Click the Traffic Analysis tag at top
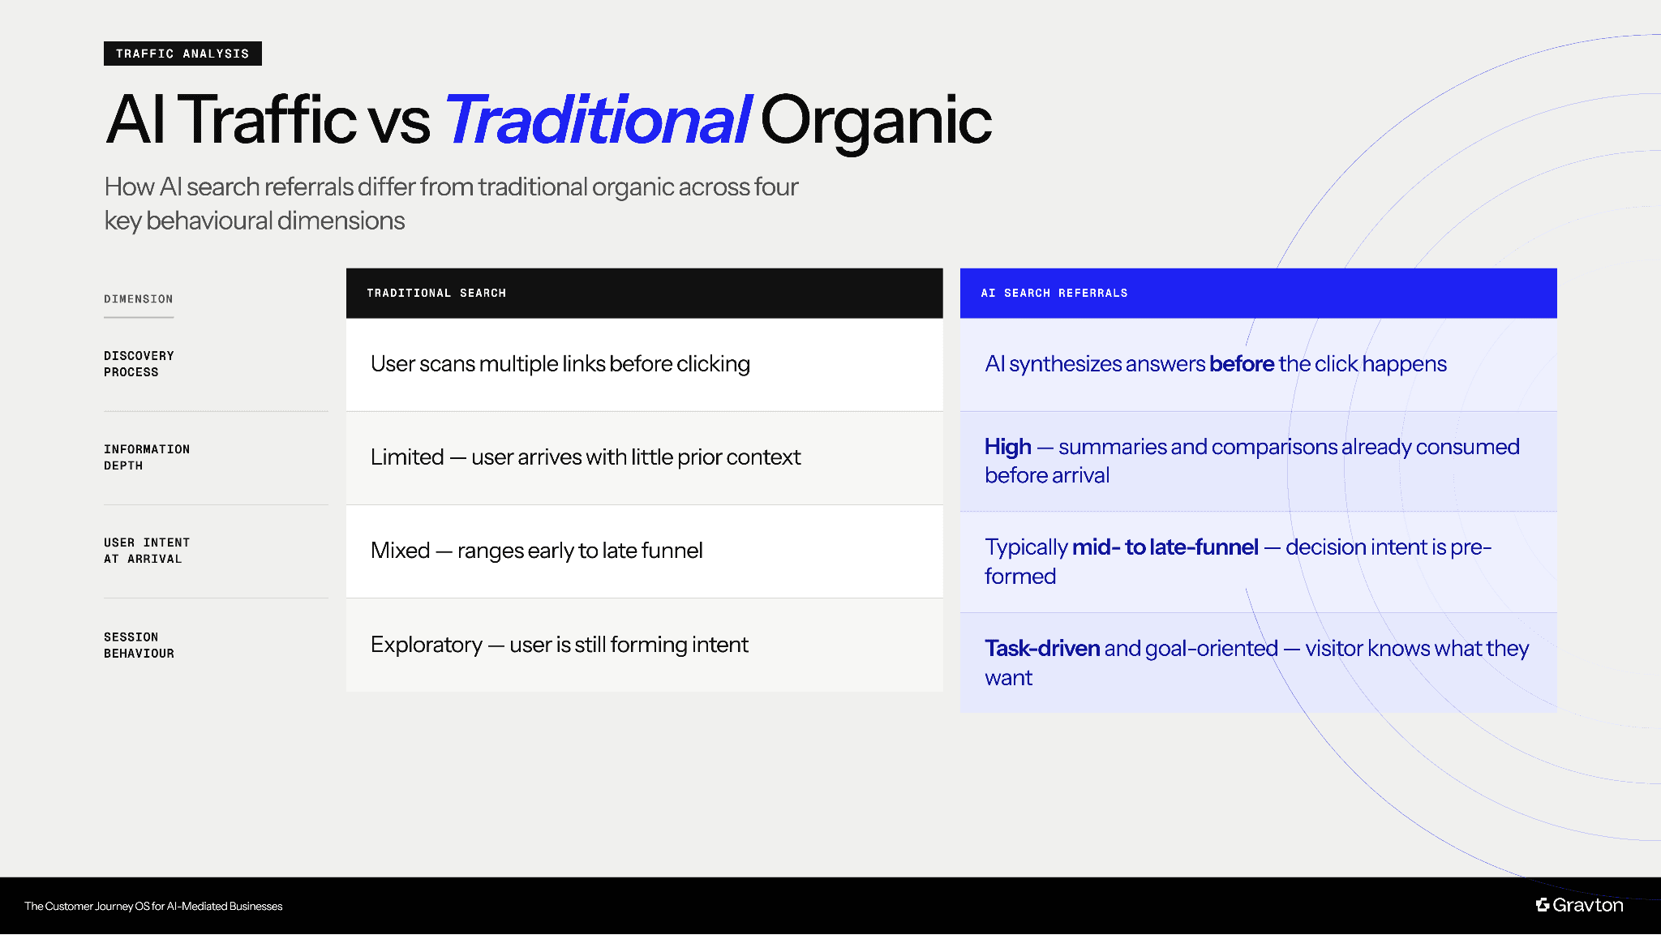pyautogui.click(x=182, y=54)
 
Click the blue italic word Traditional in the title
pyautogui.click(x=598, y=120)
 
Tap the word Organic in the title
pyautogui.click(x=875, y=120)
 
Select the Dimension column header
pyautogui.click(x=139, y=299)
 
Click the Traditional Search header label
pyautogui.click(x=436, y=293)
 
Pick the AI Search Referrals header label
pyautogui.click(x=1054, y=293)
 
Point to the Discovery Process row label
pyautogui.click(x=139, y=364)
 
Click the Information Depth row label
pyautogui.click(x=147, y=457)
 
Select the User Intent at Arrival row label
pyautogui.click(x=147, y=551)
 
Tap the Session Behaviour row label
pyautogui.click(x=139, y=645)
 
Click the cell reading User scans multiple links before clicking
pyautogui.click(x=560, y=364)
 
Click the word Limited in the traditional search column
pyautogui.click(x=407, y=457)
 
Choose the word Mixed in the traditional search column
pyautogui.click(x=401, y=551)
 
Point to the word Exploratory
pyautogui.click(x=427, y=645)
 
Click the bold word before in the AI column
pyautogui.click(x=1241, y=364)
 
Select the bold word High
pyautogui.click(x=1007, y=447)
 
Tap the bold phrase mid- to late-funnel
pyautogui.click(x=1165, y=547)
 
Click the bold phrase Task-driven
pyautogui.click(x=1042, y=649)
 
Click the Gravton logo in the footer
pyautogui.click(x=1579, y=905)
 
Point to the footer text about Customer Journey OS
pyautogui.click(x=153, y=906)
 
